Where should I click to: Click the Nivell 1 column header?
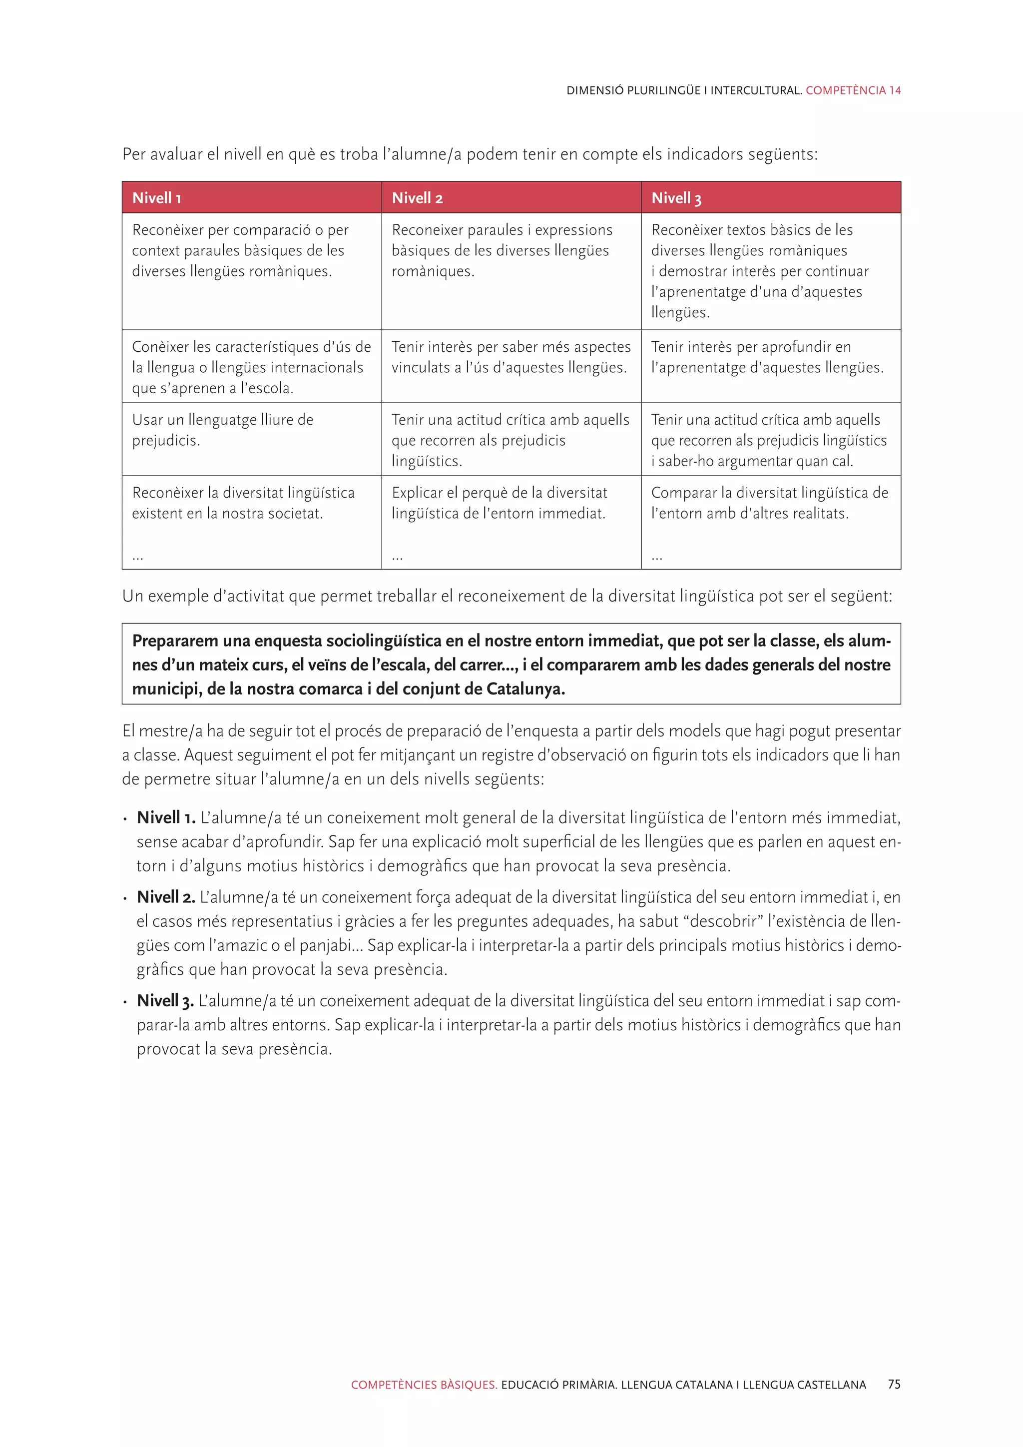point(157,198)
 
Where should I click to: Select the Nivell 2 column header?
point(417,198)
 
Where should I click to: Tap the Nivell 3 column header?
point(676,198)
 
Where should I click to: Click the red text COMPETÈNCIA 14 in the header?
point(853,90)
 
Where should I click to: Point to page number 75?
point(894,1385)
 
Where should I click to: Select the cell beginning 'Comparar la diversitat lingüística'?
point(770,503)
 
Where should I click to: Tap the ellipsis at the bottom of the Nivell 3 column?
point(656,557)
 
